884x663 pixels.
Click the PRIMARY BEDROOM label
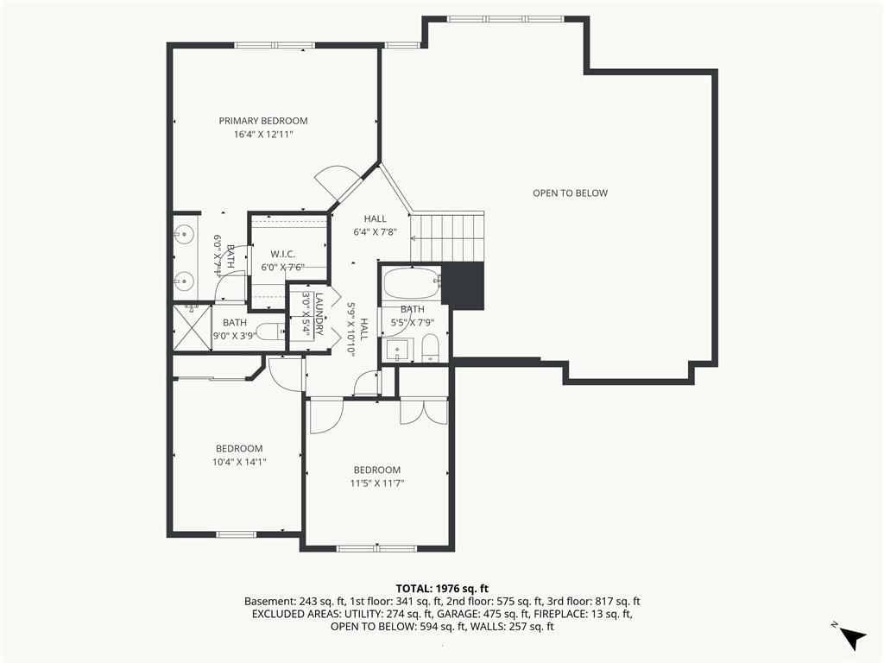point(263,121)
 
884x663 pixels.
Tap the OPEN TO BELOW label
point(570,193)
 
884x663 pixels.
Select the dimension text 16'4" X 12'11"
point(263,134)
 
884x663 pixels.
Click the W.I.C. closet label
point(282,255)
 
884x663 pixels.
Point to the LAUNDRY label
point(319,313)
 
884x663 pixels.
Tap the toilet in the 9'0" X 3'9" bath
point(270,331)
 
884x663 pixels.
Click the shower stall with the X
point(192,327)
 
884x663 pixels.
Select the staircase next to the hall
point(447,237)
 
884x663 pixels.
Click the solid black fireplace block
point(464,285)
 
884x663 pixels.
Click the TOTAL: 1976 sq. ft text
point(442,589)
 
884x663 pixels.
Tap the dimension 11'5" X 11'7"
point(377,483)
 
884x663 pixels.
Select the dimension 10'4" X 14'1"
point(239,462)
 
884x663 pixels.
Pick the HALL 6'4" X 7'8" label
point(375,225)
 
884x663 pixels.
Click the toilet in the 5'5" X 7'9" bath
point(430,348)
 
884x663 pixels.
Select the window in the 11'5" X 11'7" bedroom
point(376,548)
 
